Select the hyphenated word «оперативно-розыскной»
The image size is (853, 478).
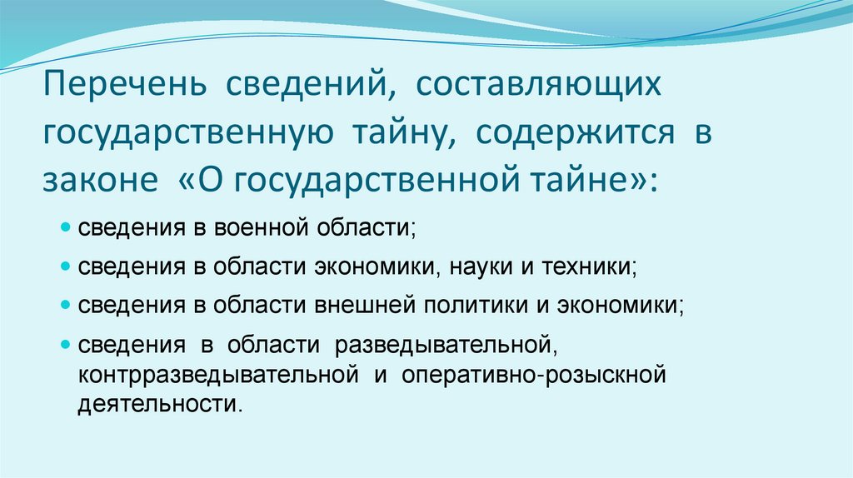click(534, 375)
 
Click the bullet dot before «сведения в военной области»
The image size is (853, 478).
click(66, 228)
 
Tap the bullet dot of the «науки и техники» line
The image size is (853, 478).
click(66, 267)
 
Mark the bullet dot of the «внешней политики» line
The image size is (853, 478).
click(66, 306)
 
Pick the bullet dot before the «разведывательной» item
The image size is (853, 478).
click(66, 344)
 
